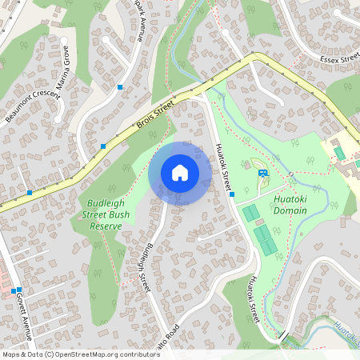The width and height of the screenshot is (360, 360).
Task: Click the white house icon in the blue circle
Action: click(180, 173)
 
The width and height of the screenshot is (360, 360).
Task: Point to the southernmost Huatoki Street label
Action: click(254, 299)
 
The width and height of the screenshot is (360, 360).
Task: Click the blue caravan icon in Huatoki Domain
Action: click(262, 173)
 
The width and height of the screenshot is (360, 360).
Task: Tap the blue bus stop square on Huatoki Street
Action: click(232, 194)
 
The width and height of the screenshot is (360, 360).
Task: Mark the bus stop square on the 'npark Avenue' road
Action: click(120, 86)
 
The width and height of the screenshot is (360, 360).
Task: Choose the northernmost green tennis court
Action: click(251, 213)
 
